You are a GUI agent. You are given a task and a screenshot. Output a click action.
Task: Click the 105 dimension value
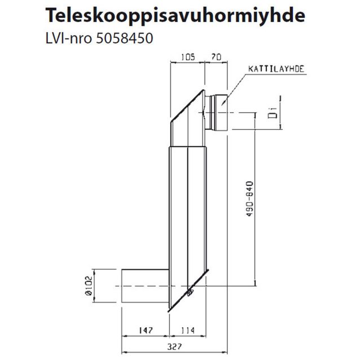coord(187,58)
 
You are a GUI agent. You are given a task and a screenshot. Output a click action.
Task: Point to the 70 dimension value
coord(215,58)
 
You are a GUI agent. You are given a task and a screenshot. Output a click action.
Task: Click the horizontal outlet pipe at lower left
coord(144,287)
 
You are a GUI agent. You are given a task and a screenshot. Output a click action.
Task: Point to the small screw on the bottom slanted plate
coord(190,292)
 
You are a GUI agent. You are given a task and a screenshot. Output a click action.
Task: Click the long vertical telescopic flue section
coord(186,214)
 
